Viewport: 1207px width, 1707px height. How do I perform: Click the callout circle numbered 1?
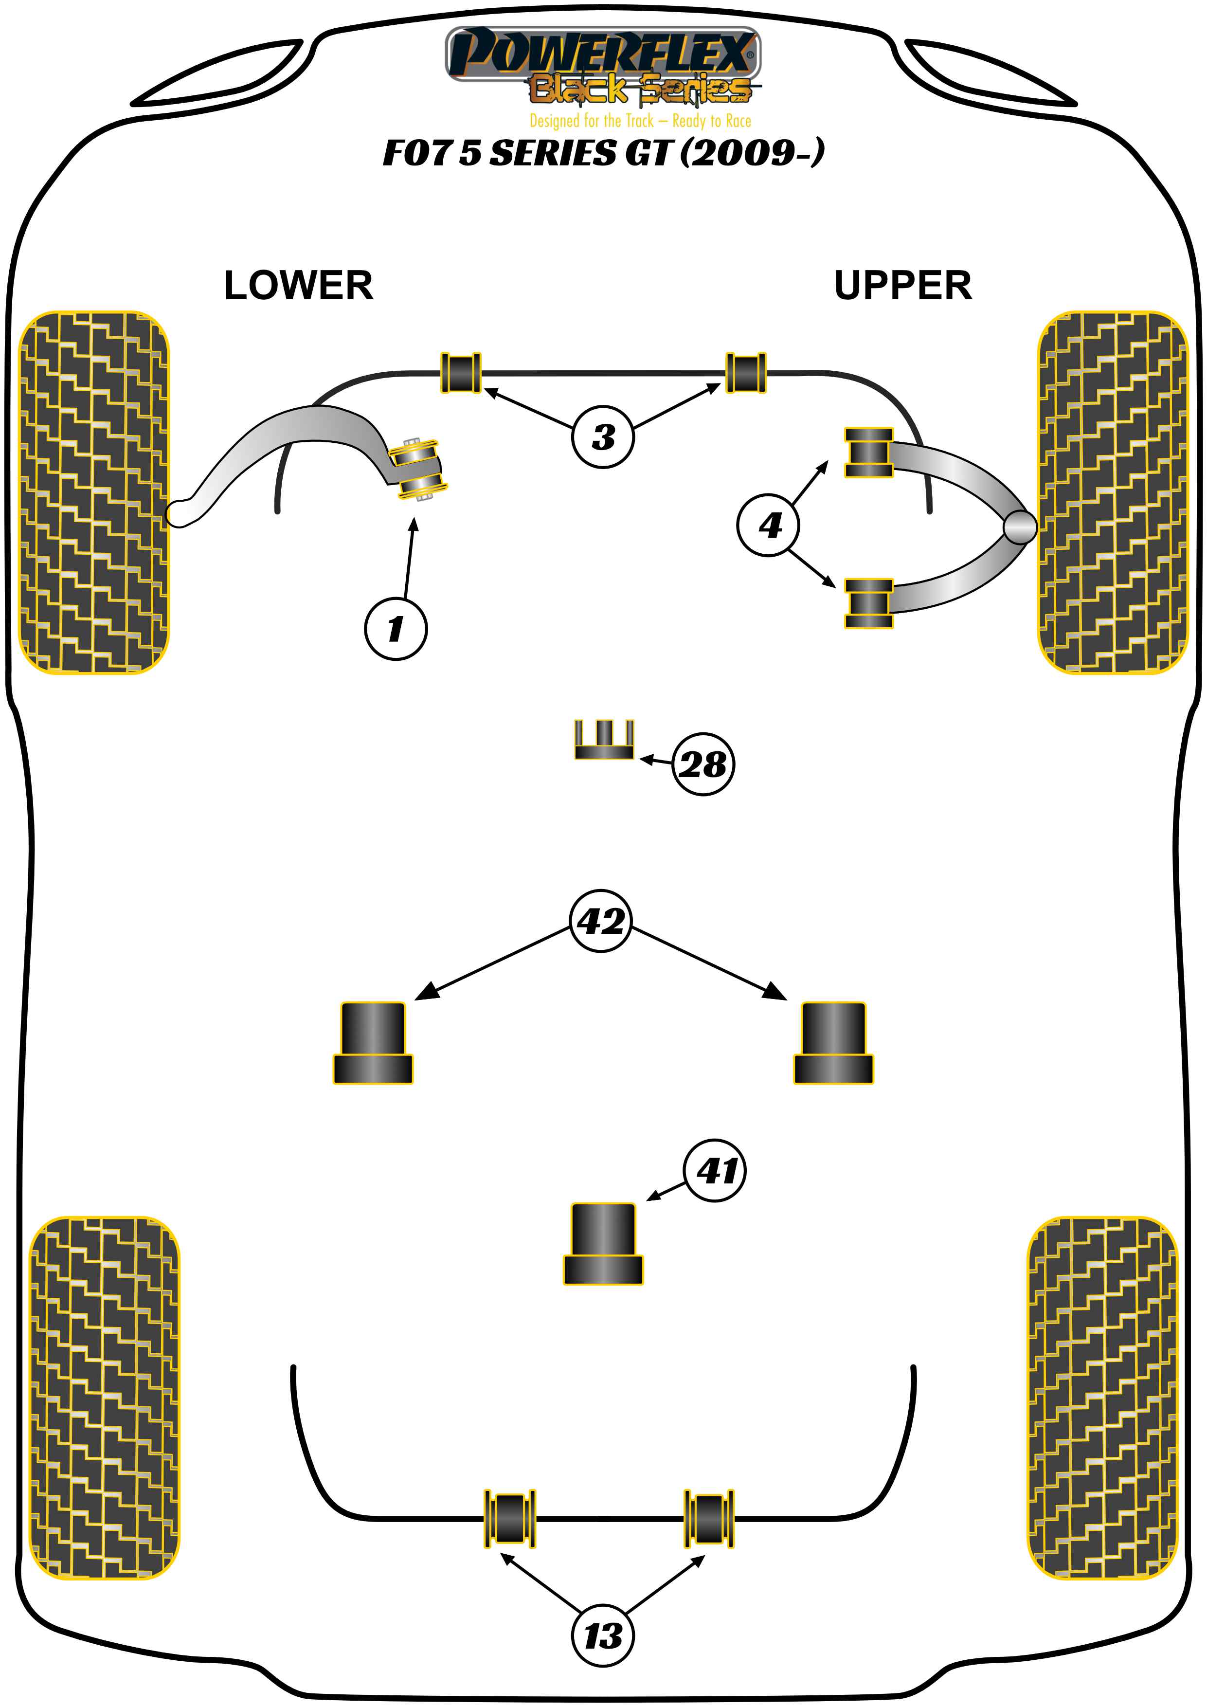[396, 628]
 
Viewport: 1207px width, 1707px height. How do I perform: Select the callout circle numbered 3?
[603, 436]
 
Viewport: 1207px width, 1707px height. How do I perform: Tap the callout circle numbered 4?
[769, 526]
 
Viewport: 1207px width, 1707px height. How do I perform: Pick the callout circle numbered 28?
[703, 764]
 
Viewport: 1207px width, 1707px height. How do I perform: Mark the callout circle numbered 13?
[603, 1635]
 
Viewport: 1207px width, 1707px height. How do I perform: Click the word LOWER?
[298, 286]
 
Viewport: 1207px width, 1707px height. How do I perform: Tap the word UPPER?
[902, 286]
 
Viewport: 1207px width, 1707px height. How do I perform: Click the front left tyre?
[93, 492]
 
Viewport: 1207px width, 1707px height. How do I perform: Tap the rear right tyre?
[1102, 1398]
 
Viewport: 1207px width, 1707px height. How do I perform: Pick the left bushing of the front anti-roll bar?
[461, 372]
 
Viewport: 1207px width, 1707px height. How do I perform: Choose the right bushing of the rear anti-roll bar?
[709, 1518]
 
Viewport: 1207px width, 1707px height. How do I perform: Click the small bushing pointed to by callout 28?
[603, 740]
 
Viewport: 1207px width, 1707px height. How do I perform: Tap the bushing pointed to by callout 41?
[603, 1244]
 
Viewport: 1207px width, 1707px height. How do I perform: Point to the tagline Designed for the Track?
[640, 121]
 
